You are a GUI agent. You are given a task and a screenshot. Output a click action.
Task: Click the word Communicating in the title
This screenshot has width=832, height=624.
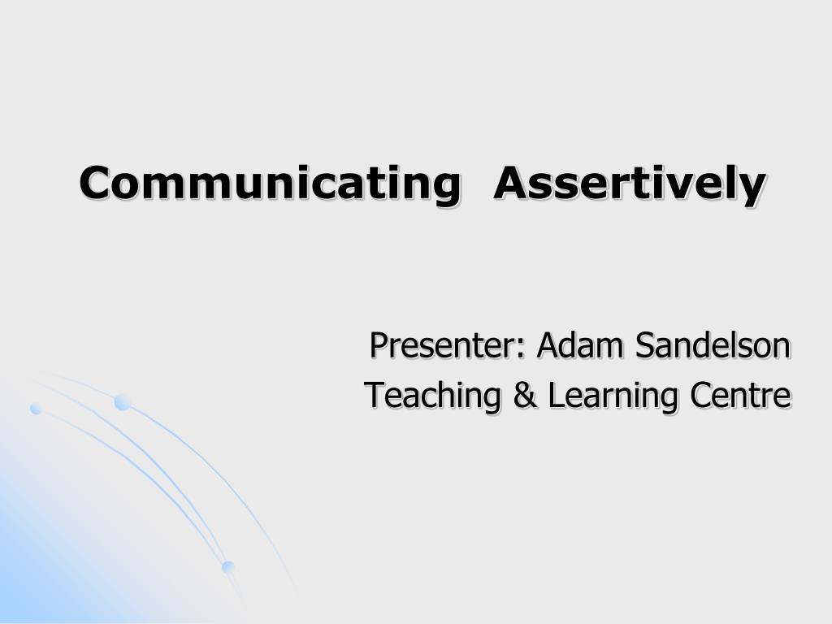(x=270, y=184)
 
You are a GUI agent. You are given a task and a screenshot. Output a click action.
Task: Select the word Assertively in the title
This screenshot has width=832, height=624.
(x=630, y=184)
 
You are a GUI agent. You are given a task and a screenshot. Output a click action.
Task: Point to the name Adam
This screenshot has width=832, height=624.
(x=580, y=345)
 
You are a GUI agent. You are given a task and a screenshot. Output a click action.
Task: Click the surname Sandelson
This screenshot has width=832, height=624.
(x=713, y=345)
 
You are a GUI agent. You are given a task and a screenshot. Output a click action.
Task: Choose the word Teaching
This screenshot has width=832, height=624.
(x=432, y=396)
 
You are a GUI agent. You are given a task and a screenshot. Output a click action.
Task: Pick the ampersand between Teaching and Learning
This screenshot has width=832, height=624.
(x=524, y=396)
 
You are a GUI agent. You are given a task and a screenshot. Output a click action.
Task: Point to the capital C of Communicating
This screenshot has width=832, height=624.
(x=97, y=183)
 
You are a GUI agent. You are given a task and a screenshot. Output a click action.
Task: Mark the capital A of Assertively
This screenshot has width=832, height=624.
(x=513, y=183)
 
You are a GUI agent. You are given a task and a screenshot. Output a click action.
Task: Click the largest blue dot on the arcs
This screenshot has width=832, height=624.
(x=123, y=403)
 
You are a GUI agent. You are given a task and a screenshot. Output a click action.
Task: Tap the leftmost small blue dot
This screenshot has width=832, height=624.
(x=36, y=409)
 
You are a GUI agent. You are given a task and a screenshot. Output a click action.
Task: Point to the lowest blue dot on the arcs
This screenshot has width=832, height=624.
(x=227, y=566)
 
